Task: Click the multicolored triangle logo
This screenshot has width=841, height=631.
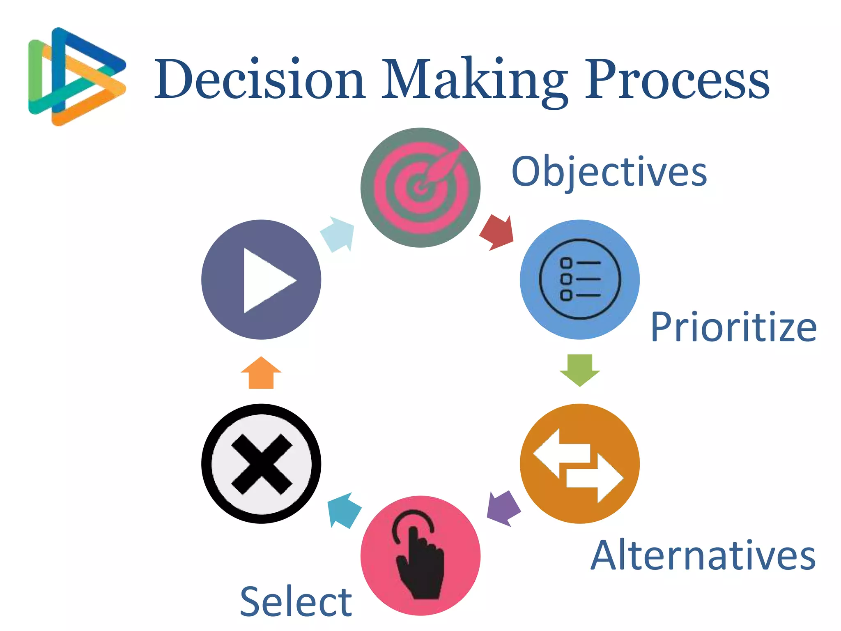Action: click(76, 76)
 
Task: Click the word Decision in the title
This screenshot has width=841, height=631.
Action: click(259, 79)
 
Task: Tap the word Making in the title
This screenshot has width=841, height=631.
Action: click(474, 80)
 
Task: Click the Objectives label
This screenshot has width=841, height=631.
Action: click(609, 172)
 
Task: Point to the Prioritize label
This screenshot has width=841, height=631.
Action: click(733, 327)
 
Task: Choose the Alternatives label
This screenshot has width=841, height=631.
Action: click(703, 555)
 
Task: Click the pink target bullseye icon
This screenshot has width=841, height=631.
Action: click(420, 187)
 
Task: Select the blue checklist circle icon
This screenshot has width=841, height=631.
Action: click(579, 279)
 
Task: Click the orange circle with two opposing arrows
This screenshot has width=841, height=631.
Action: click(579, 463)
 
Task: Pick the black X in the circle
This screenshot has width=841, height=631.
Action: click(261, 463)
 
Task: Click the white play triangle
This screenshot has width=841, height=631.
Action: click(267, 280)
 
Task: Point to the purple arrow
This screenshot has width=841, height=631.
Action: click(503, 509)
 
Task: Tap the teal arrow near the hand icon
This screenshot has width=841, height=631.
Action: click(344, 510)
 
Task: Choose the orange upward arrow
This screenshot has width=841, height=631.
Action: click(261, 373)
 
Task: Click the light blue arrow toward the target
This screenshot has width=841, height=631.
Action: click(338, 234)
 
